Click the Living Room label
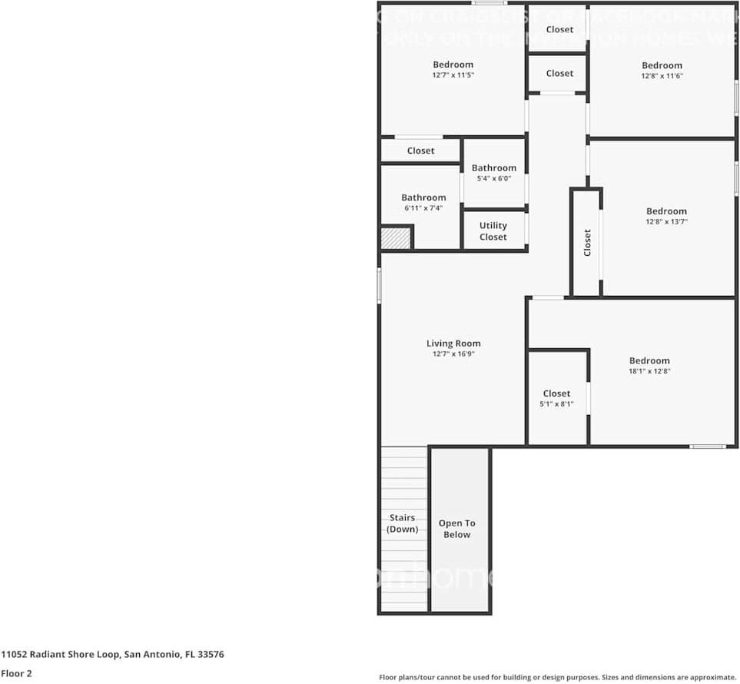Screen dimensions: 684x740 click(x=453, y=344)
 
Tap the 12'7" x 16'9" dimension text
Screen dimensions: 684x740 click(x=453, y=354)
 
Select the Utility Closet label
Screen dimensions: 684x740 click(x=493, y=231)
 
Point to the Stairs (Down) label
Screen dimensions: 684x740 click(x=403, y=523)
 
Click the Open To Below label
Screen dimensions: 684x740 click(x=457, y=529)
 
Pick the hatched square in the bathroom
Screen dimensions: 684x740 click(x=396, y=237)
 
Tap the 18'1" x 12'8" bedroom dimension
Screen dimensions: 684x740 click(x=649, y=371)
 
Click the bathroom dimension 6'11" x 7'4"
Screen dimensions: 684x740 click(x=423, y=208)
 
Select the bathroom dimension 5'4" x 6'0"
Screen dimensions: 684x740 click(x=494, y=178)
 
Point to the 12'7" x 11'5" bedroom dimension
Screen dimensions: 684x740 click(x=453, y=75)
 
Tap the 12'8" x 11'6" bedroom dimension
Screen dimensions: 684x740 click(x=662, y=76)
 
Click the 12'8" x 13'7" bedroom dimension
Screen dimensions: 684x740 click(x=666, y=221)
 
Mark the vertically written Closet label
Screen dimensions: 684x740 click(x=588, y=242)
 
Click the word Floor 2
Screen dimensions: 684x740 click(x=16, y=673)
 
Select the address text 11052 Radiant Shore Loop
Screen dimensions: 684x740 click(x=60, y=655)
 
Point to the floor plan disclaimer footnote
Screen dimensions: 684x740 click(x=558, y=677)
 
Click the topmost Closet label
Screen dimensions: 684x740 click(x=559, y=29)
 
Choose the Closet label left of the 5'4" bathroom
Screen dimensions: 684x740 click(x=420, y=151)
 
